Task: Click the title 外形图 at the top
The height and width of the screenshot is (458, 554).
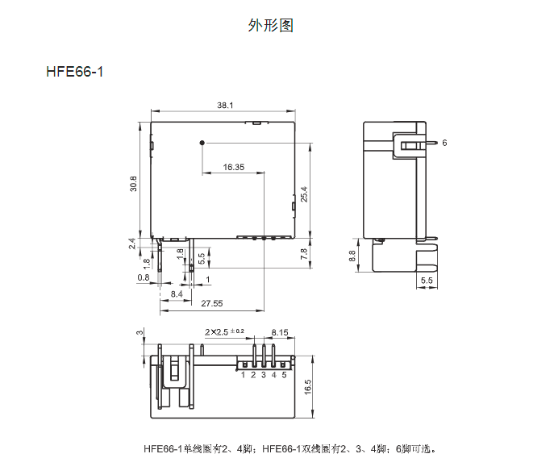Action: [270, 26]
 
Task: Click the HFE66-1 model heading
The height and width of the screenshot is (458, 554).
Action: [74, 72]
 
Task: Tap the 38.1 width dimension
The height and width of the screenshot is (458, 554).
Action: [225, 106]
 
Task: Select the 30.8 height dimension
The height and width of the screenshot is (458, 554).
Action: [134, 184]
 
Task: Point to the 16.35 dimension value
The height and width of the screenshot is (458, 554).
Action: [234, 167]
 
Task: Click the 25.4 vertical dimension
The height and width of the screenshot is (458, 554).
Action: [304, 194]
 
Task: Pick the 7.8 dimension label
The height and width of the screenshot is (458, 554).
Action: [304, 254]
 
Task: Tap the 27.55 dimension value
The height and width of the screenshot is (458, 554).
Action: [212, 303]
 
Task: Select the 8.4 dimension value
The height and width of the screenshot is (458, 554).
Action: [177, 294]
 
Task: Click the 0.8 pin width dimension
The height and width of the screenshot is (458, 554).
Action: [144, 277]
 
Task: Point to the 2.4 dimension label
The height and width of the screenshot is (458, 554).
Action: [132, 244]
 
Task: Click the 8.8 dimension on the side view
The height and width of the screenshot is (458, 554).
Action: [352, 256]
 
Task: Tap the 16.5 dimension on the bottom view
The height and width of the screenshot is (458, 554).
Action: [308, 387]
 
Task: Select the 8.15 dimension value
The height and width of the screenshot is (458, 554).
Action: [280, 332]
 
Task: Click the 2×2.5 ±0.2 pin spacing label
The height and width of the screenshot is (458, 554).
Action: [224, 332]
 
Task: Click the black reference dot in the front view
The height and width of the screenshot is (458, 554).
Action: [202, 143]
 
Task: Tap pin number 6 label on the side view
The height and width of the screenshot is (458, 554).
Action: [444, 143]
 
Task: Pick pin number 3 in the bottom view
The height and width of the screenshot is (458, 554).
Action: [264, 375]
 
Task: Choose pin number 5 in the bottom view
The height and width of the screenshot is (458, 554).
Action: [284, 375]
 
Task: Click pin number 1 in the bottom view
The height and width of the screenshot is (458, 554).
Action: [243, 375]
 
